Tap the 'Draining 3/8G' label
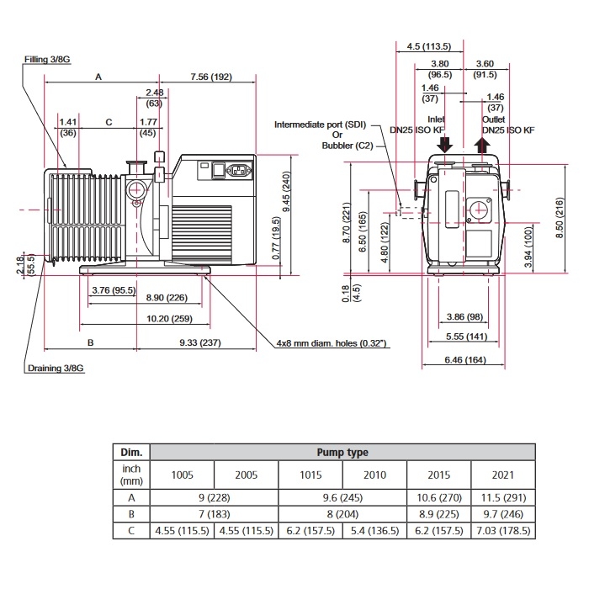pos(56,369)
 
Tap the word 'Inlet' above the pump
pos(436,119)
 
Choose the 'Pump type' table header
pos(342,452)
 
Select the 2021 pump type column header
pos(501,475)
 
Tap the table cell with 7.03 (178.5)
pos(501,532)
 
